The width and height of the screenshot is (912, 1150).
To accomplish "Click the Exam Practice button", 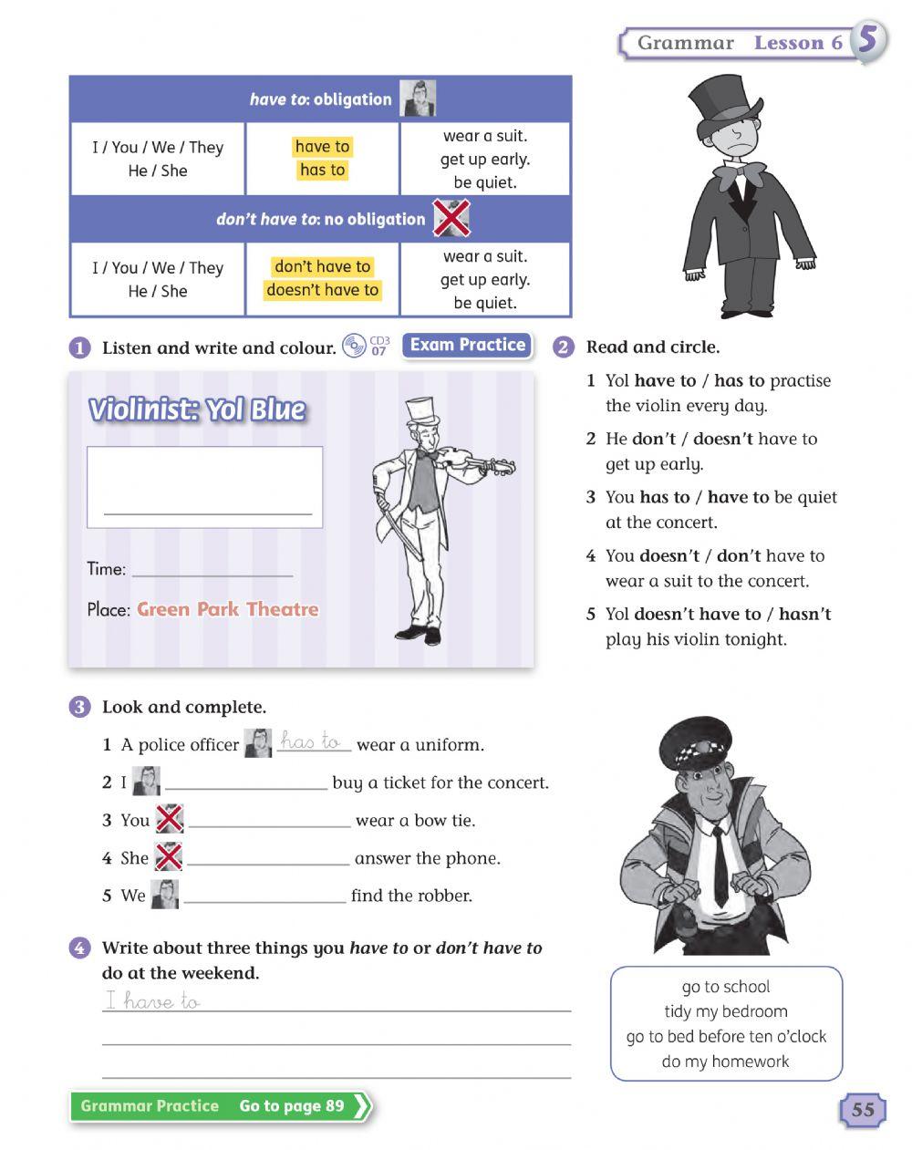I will pos(467,346).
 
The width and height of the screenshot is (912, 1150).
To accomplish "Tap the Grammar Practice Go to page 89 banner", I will pos(220,1106).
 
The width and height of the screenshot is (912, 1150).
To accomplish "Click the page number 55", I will pos(862,1110).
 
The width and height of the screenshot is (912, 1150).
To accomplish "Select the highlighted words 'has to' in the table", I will pos(322,171).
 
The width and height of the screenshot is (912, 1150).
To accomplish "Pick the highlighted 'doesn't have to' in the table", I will pos(322,290).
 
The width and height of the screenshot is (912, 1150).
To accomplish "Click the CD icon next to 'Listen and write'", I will pos(353,347).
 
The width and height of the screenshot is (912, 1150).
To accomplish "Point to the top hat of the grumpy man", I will pos(726,99).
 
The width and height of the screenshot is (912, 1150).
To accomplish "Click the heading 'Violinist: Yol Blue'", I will pos(197,410).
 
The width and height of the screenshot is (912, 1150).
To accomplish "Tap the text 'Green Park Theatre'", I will pos(228,609).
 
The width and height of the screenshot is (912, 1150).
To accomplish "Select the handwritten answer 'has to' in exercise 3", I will pos(310,742).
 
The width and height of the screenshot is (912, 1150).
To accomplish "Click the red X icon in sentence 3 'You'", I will pos(170,819).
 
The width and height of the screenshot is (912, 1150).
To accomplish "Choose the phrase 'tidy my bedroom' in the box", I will pos(725,1011).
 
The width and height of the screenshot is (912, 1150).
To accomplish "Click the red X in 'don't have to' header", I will pos(450,219).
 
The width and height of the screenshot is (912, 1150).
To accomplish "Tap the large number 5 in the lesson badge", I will pos(868,41).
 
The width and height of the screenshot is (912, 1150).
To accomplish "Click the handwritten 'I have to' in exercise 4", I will pos(152,1000).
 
